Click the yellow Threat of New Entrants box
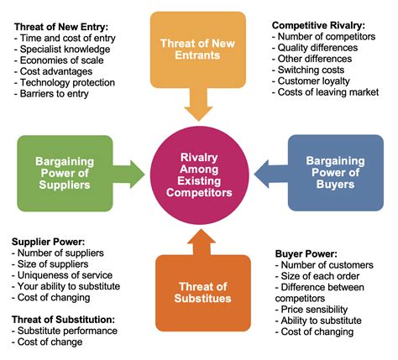click(x=198, y=50)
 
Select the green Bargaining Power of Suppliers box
click(x=65, y=174)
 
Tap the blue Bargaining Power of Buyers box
click(x=336, y=173)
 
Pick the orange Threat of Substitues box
click(x=203, y=293)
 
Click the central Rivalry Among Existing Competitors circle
click(x=199, y=175)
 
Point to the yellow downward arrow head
click(x=199, y=113)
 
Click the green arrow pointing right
click(x=128, y=175)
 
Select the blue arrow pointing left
click(x=271, y=174)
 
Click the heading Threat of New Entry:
click(x=61, y=27)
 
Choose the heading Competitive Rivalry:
click(x=318, y=25)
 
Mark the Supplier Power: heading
click(x=48, y=242)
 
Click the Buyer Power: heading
click(x=306, y=254)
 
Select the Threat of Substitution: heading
click(x=63, y=320)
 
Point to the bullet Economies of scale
click(x=59, y=60)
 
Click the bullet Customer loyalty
click(x=311, y=81)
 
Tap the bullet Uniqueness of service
click(x=62, y=275)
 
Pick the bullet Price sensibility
click(x=312, y=310)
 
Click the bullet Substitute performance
click(x=65, y=331)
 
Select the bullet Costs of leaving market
click(x=325, y=92)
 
